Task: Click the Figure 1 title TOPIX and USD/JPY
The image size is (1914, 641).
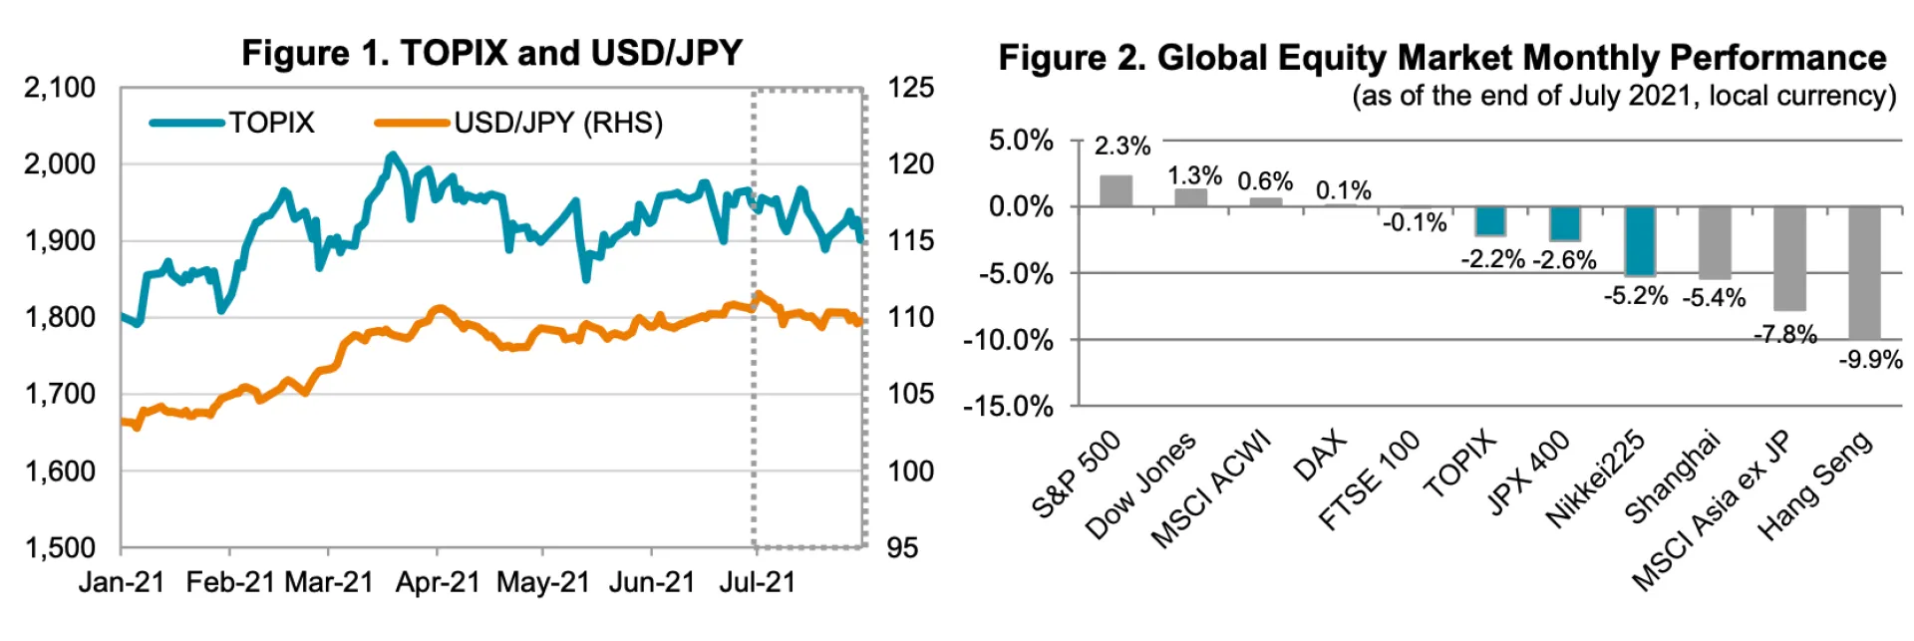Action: point(491,53)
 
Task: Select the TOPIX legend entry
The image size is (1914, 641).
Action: point(232,123)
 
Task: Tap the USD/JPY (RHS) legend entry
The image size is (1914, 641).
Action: point(518,123)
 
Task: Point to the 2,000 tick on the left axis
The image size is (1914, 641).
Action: point(60,163)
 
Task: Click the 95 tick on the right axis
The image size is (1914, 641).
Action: point(902,547)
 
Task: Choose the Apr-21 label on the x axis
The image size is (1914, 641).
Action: point(437,582)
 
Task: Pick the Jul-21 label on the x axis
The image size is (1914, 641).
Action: point(757,582)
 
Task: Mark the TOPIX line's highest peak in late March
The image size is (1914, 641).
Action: point(391,156)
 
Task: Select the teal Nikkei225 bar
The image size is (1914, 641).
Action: point(1640,240)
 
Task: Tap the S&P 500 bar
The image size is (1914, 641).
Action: point(1116,191)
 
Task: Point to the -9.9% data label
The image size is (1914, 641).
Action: point(1870,360)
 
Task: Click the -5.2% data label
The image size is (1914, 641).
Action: point(1635,296)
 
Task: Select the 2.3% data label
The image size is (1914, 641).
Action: point(1122,147)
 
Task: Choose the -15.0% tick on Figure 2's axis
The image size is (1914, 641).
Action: point(1008,406)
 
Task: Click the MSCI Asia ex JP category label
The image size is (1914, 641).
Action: point(1711,510)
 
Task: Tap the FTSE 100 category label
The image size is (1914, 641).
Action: point(1370,480)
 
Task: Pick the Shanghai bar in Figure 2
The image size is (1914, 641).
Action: point(1715,242)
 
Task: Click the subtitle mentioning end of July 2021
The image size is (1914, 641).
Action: point(1623,97)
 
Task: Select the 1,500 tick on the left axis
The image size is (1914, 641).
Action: point(60,547)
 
